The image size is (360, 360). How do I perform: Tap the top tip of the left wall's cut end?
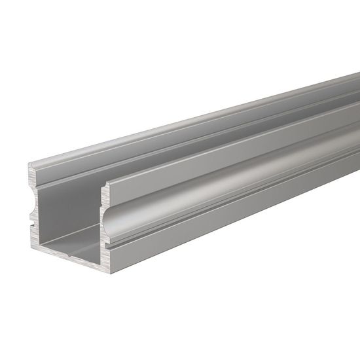(x=31, y=167)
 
